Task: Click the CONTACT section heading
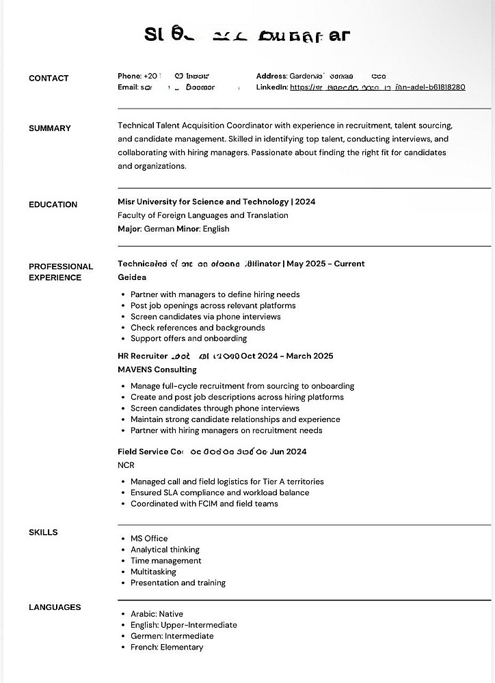pyautogui.click(x=49, y=79)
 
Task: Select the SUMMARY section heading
pyautogui.click(x=50, y=128)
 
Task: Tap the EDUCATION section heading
pyautogui.click(x=53, y=205)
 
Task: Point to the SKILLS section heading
pyautogui.click(x=43, y=533)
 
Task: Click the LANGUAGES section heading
pyautogui.click(x=55, y=608)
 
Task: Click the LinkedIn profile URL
pyautogui.click(x=377, y=87)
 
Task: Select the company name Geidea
pyautogui.click(x=132, y=277)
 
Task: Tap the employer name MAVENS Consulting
pyautogui.click(x=157, y=370)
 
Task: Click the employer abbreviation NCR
pyautogui.click(x=126, y=465)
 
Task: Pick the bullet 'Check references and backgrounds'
pyautogui.click(x=198, y=328)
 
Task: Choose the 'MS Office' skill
pyautogui.click(x=149, y=539)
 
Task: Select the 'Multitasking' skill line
pyautogui.click(x=153, y=572)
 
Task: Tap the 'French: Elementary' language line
pyautogui.click(x=167, y=647)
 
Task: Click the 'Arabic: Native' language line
pyautogui.click(x=157, y=614)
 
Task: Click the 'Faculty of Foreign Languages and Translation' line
pyautogui.click(x=203, y=216)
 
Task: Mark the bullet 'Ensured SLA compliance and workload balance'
pyautogui.click(x=219, y=492)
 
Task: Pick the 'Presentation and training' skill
pyautogui.click(x=178, y=583)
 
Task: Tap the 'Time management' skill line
pyautogui.click(x=166, y=561)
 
